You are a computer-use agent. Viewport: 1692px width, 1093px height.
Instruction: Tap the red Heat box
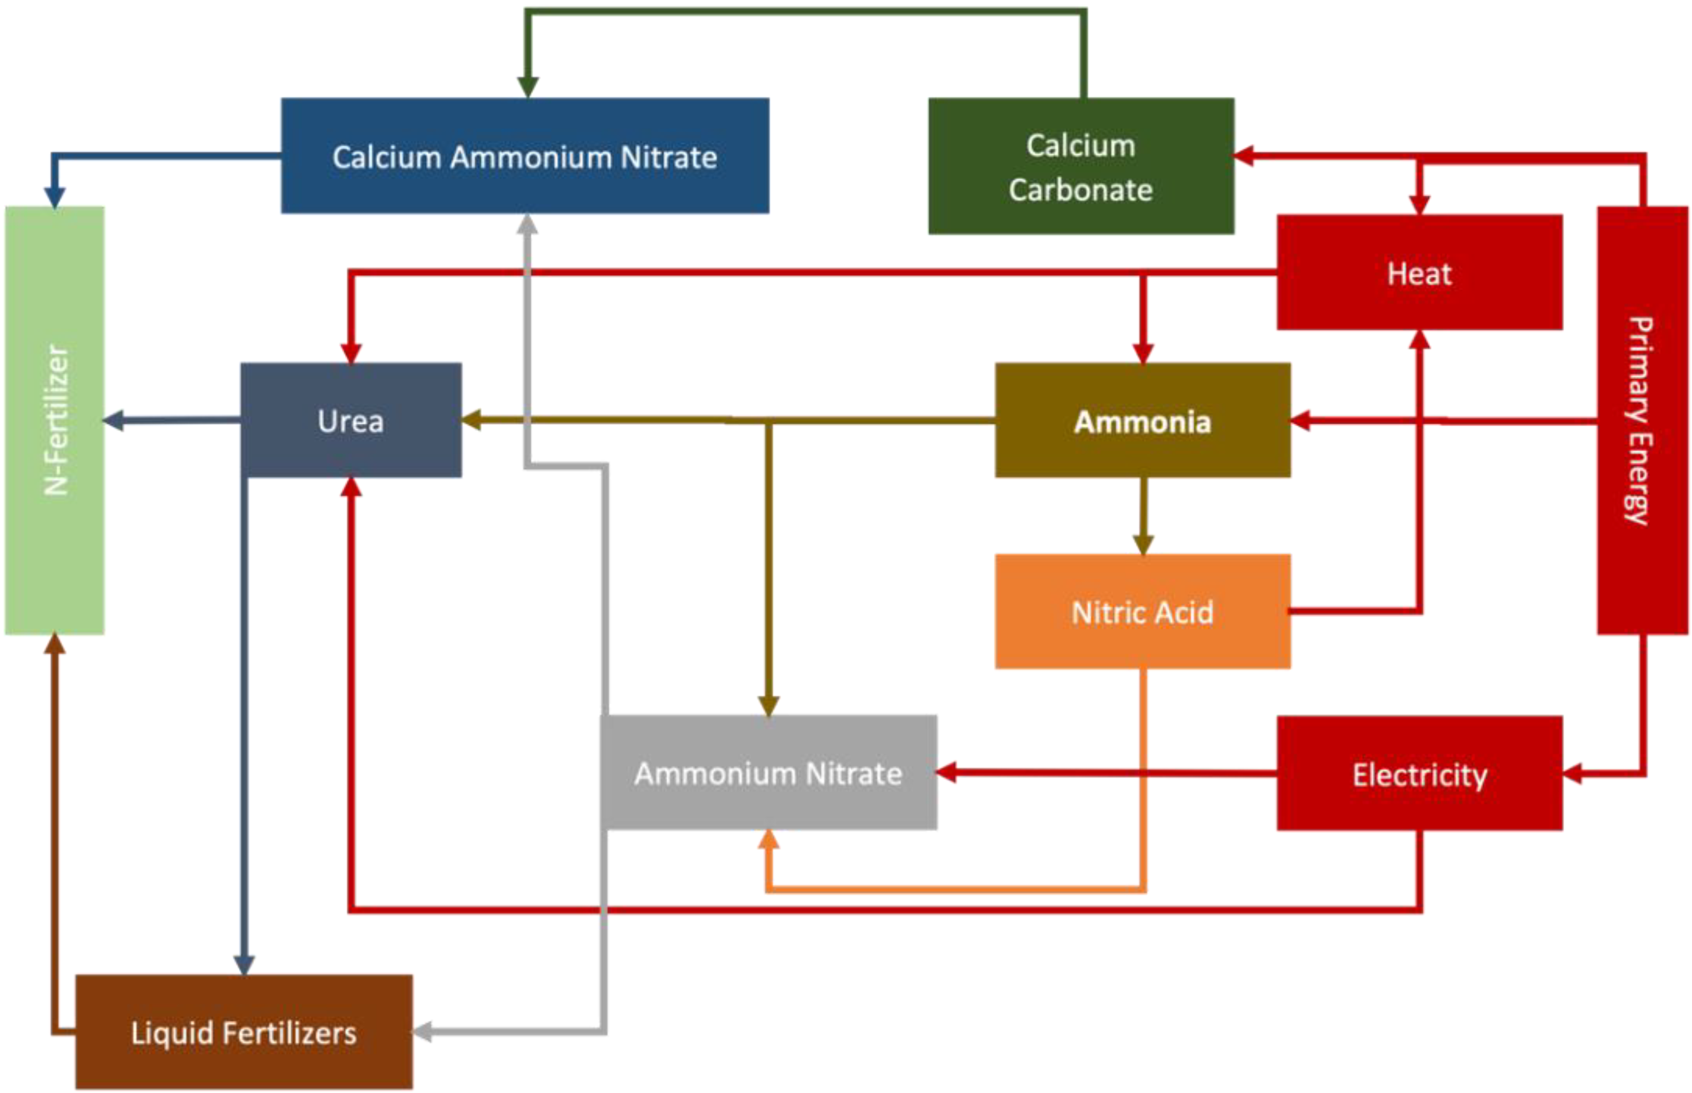click(1419, 273)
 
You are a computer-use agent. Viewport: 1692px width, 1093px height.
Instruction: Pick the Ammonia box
click(1142, 420)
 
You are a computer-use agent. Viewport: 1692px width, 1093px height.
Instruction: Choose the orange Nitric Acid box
click(1142, 612)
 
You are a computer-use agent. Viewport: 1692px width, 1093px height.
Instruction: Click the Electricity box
click(1419, 773)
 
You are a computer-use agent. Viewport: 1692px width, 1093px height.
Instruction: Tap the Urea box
click(351, 420)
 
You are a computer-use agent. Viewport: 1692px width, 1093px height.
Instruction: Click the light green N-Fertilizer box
click(55, 420)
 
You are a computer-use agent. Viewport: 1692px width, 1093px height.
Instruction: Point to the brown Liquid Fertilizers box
click(243, 1032)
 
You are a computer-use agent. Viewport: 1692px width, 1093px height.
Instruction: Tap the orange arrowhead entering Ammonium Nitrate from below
click(768, 839)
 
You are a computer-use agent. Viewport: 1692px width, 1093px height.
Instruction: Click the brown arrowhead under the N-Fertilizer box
click(55, 644)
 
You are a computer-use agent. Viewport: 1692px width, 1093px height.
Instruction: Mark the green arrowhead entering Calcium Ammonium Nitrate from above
click(527, 87)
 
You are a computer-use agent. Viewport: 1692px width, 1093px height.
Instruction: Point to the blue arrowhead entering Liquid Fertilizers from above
click(243, 965)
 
